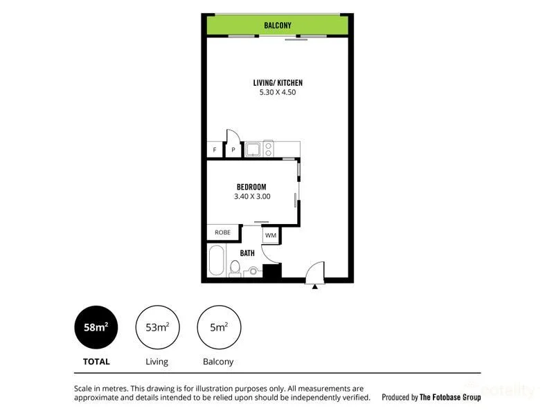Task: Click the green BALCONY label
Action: point(278,26)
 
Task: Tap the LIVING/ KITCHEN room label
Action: point(277,83)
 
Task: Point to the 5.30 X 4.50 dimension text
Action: point(277,93)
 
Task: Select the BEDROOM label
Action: point(251,187)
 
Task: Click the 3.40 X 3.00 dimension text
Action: point(251,196)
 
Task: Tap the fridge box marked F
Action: point(215,150)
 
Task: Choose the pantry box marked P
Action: point(233,150)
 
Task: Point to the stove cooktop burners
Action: point(268,148)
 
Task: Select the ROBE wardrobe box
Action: point(222,232)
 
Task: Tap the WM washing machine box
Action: point(270,235)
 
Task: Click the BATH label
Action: point(247,253)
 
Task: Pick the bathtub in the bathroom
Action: point(217,261)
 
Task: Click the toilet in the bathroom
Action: point(235,270)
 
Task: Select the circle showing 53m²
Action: point(157,328)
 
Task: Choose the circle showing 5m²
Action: point(217,328)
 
